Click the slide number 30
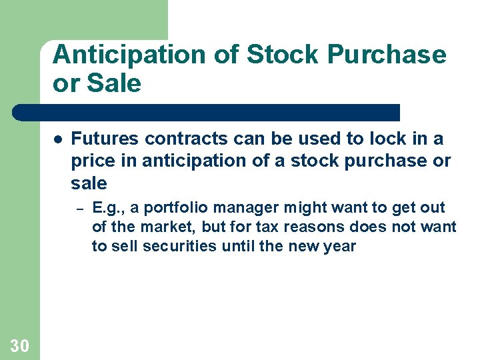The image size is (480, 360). pos(19,345)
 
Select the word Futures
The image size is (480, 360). pos(105,139)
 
